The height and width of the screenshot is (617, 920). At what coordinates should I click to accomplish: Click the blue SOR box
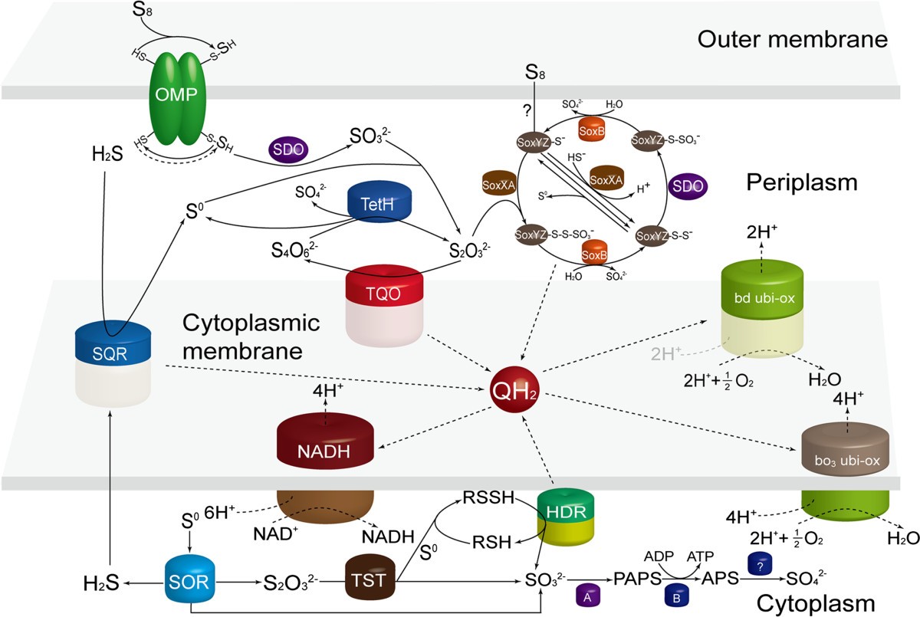192,583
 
